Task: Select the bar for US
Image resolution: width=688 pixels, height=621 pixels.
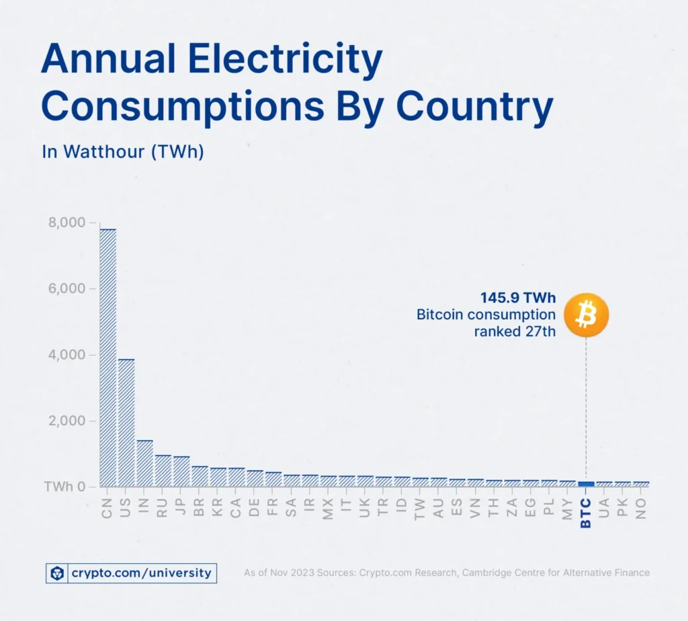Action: (126, 423)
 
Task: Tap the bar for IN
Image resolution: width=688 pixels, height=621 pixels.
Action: (144, 463)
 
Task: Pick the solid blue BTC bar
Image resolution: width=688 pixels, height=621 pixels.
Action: (586, 484)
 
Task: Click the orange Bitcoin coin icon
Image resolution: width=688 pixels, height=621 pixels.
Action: (586, 314)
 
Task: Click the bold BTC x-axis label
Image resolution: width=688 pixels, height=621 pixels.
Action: (586, 512)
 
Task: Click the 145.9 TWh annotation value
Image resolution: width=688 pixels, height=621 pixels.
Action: (517, 297)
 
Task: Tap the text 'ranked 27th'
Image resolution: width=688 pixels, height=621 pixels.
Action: (515, 331)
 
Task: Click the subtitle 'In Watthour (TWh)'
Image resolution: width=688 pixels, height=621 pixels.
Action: (123, 152)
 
